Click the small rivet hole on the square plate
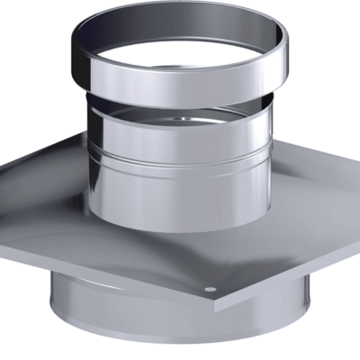pyautogui.click(x=209, y=290)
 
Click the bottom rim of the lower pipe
pyautogui.click(x=180, y=354)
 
